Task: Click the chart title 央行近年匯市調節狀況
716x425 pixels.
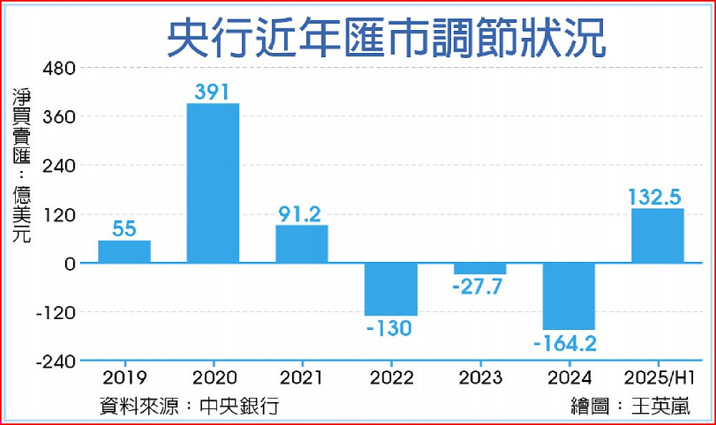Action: [x=387, y=40]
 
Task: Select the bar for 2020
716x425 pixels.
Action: [x=213, y=183]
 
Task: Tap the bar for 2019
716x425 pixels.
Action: [x=124, y=251]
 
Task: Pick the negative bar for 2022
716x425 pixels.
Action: [x=390, y=289]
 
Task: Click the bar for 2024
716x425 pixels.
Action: [x=569, y=296]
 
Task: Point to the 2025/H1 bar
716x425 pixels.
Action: [x=657, y=235]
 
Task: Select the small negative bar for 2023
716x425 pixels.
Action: [x=480, y=268]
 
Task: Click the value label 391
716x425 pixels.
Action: [x=213, y=92]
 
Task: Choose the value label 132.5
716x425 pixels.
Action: [x=656, y=197]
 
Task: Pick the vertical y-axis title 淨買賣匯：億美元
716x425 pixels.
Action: [x=21, y=165]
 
